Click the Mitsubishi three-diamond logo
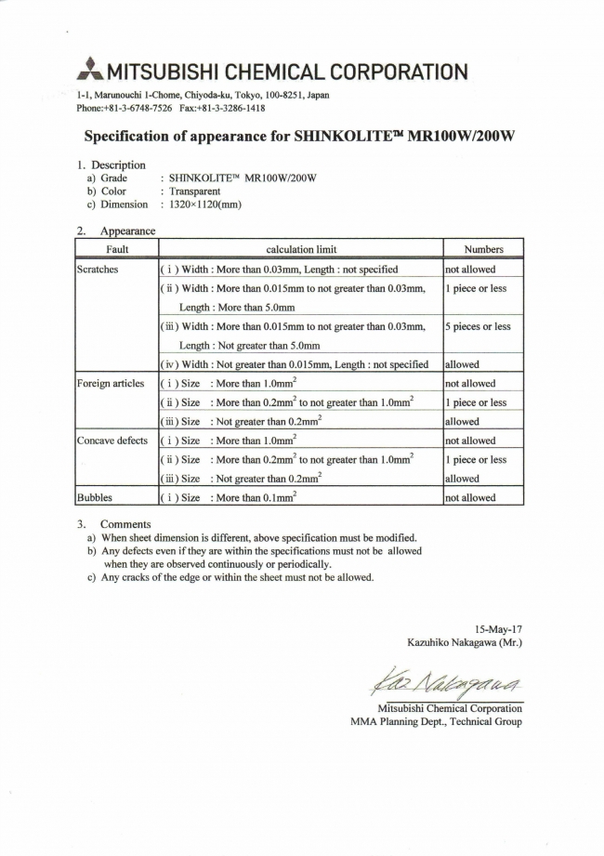[x=90, y=70]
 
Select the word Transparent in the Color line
[x=194, y=191]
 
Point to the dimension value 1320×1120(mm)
[x=205, y=204]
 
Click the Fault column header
[x=117, y=249]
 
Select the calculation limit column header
[x=301, y=249]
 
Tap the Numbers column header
[x=483, y=249]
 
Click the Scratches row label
[x=98, y=270]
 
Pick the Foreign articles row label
[x=111, y=384]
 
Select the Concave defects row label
[x=112, y=441]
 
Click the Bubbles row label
[x=96, y=498]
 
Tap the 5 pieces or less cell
[x=478, y=327]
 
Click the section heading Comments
[x=125, y=524]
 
